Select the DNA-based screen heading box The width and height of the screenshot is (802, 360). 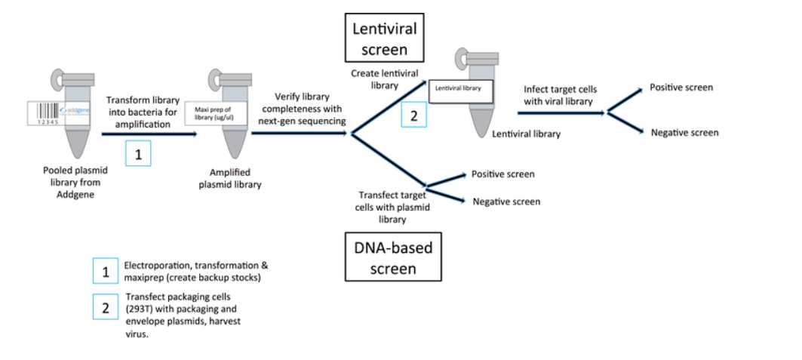point(393,257)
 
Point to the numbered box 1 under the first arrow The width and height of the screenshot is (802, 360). point(138,154)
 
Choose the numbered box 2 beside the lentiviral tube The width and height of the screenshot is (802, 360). point(413,115)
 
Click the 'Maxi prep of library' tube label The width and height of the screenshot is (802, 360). point(217,112)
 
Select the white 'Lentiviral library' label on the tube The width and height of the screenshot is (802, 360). point(461,88)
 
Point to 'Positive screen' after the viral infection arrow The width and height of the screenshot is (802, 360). point(681,88)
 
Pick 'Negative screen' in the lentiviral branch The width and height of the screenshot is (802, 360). point(684,133)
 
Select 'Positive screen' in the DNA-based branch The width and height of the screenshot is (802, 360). point(502,174)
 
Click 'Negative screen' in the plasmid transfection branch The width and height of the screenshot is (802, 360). point(506,202)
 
